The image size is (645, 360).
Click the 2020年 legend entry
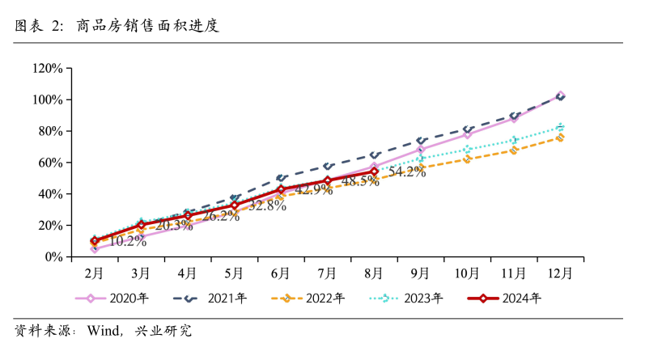point(112,299)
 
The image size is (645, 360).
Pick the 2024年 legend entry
point(506,299)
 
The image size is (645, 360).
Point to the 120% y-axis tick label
point(47,68)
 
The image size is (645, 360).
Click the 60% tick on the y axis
point(50,163)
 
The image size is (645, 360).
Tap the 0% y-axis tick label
point(53,257)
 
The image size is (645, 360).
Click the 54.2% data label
point(407,172)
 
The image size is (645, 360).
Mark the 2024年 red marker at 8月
point(374,171)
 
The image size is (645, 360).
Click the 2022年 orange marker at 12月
point(560,138)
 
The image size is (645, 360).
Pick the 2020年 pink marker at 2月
point(95,249)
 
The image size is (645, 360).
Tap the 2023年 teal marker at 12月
point(560,127)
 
